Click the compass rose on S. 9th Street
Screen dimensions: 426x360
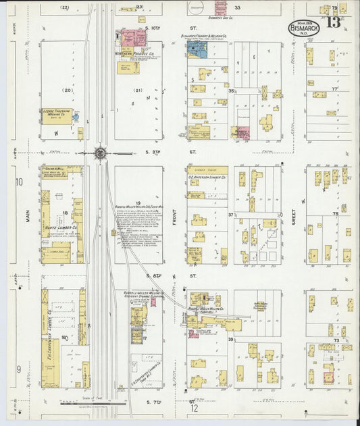coord(100,153)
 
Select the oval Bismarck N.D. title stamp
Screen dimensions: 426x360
coord(303,29)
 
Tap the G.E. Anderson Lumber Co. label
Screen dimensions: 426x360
coord(207,180)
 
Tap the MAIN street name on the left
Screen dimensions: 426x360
coord(28,215)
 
